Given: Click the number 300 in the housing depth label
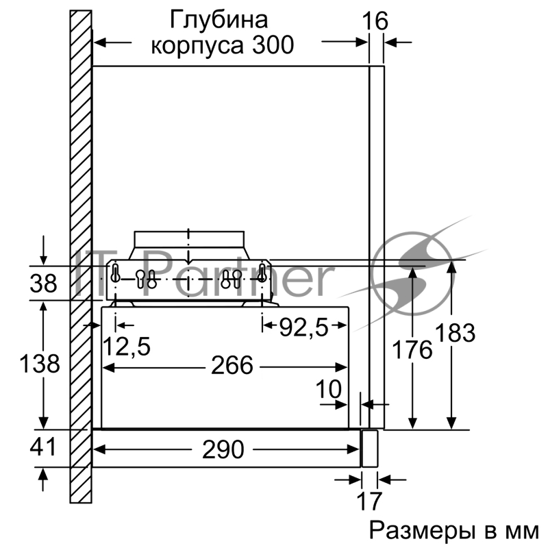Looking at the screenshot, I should (271, 45).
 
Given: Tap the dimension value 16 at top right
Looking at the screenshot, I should (375, 21).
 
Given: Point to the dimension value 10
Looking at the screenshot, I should (329, 389).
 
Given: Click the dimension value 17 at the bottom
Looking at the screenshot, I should (369, 501).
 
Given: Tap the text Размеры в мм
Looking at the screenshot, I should (455, 531).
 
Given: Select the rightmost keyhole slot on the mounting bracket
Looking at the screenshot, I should (262, 271).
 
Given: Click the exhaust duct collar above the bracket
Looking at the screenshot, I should (189, 242).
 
